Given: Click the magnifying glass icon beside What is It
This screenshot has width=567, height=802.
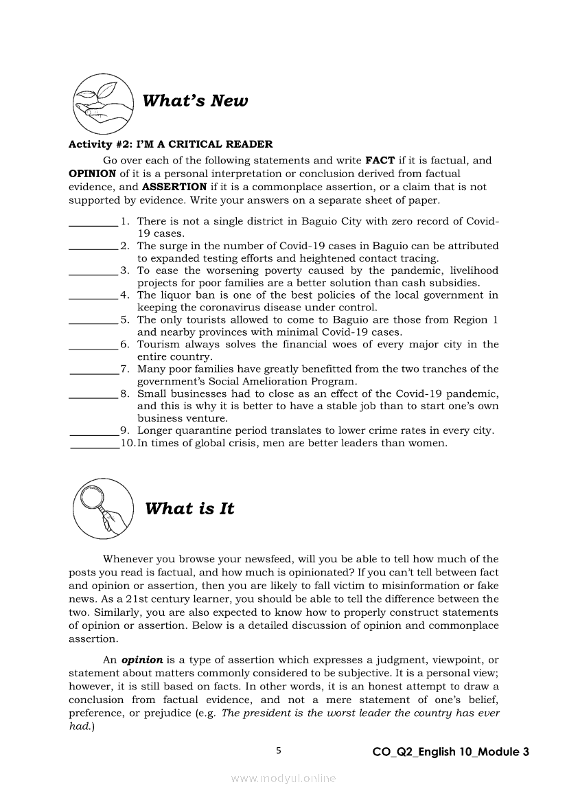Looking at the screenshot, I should pyautogui.click(x=103, y=508).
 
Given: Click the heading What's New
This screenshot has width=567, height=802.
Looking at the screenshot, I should pyautogui.click(x=195, y=101).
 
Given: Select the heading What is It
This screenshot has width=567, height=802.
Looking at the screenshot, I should pyautogui.click(x=189, y=509).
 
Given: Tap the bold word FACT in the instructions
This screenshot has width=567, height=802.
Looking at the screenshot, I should pyautogui.click(x=379, y=161).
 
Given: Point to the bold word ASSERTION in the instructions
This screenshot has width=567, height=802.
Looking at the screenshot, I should pyautogui.click(x=174, y=187).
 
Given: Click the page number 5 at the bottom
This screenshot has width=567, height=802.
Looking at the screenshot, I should pyautogui.click(x=279, y=751).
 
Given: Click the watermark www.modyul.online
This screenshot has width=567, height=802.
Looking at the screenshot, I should pyautogui.click(x=283, y=778).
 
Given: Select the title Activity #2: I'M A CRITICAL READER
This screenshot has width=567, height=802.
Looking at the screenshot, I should pyautogui.click(x=170, y=144).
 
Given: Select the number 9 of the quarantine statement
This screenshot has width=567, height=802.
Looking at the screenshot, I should pyautogui.click(x=124, y=431).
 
